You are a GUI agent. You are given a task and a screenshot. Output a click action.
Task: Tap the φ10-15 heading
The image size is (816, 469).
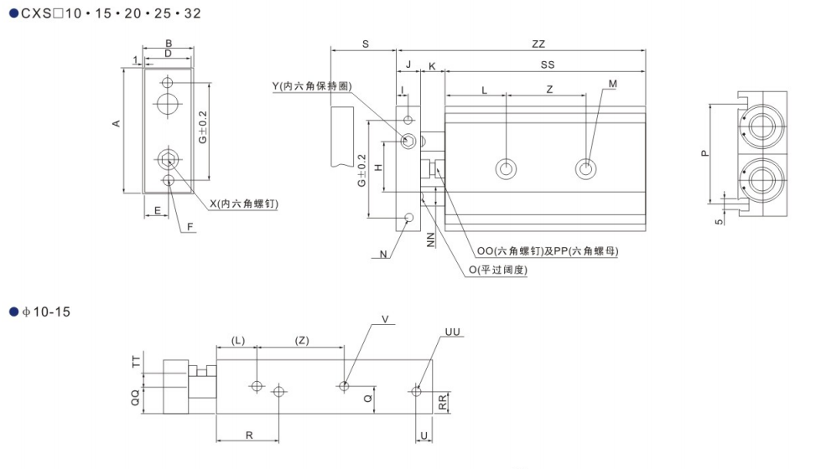[x=45, y=312]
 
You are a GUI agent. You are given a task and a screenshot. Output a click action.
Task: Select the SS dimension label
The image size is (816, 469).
[x=547, y=64]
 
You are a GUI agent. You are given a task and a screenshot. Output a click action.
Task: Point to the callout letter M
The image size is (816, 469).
[x=612, y=84]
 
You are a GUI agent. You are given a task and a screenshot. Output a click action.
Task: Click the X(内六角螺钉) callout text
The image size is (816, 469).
[x=244, y=204]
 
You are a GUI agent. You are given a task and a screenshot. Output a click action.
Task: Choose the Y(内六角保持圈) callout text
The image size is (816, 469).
[x=310, y=85]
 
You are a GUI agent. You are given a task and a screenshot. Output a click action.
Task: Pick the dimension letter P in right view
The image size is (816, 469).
[x=704, y=152]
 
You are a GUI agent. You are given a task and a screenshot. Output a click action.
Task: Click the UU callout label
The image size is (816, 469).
[x=451, y=332]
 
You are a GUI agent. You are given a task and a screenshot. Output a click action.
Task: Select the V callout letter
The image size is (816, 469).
[x=385, y=318]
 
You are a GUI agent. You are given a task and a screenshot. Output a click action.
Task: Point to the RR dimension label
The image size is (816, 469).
[x=443, y=402]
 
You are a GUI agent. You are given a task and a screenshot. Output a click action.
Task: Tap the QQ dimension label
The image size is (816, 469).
[x=135, y=399]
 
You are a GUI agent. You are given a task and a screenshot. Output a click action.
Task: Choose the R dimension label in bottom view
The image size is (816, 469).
[x=250, y=434]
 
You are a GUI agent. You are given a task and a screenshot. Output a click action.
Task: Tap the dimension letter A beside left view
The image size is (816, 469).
[x=117, y=123]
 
